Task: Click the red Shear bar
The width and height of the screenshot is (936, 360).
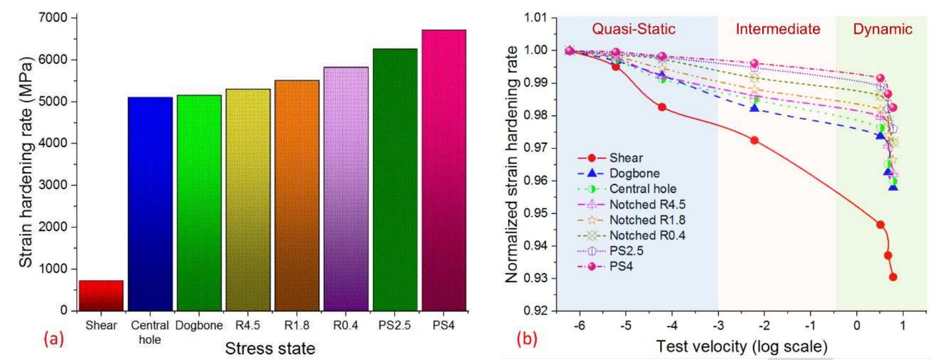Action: point(101,296)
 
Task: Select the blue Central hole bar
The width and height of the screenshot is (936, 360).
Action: point(150,204)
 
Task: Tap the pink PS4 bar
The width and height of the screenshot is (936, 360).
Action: point(444,170)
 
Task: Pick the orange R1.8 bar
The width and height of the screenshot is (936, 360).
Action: point(297,195)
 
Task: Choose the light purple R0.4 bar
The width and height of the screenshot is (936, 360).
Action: point(346,189)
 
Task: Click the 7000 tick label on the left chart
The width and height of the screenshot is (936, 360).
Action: point(53,18)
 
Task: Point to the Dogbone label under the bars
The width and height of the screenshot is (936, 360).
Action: point(199,326)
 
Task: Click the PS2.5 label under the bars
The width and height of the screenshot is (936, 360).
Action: point(395,326)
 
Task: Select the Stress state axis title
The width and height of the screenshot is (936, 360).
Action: point(270,349)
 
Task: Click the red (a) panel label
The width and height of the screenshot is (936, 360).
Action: point(54,340)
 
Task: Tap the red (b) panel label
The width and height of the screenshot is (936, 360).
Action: point(526,339)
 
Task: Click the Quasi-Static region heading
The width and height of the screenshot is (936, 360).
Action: point(633,29)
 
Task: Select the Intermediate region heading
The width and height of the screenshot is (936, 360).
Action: point(778,29)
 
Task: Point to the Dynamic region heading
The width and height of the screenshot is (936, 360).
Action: point(883,29)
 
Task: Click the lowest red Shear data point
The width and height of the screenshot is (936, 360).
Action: point(893,277)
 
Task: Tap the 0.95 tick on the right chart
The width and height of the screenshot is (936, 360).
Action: point(536,213)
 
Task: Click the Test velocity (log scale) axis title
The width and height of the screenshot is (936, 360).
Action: point(742,346)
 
